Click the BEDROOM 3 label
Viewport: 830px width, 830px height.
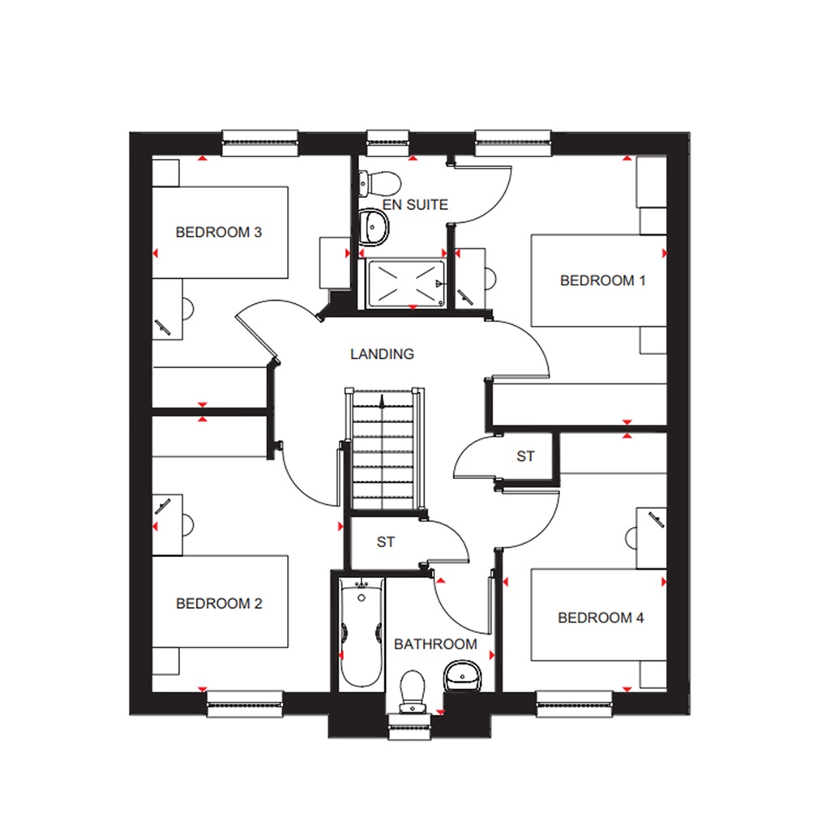[x=219, y=233]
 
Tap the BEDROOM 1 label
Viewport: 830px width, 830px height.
[x=603, y=280]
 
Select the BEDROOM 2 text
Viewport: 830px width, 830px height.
[x=219, y=604]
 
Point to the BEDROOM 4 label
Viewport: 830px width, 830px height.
[x=601, y=618]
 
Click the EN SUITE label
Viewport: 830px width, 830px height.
[x=416, y=205]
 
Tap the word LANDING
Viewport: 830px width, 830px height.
[x=382, y=354]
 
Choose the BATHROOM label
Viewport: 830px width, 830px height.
[x=435, y=644]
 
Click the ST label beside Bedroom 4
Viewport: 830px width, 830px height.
[x=526, y=456]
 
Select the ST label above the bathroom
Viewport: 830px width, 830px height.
[x=386, y=542]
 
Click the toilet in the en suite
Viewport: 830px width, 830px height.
[x=378, y=179]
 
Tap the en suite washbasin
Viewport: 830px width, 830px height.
[x=374, y=226]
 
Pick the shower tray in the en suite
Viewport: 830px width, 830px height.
[x=406, y=284]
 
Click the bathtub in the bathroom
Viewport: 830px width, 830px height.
[x=361, y=632]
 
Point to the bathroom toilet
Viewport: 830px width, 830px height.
[x=413, y=688]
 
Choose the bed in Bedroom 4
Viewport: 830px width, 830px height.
[x=598, y=615]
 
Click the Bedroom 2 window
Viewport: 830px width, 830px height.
[x=245, y=703]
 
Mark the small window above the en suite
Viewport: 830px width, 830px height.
[x=388, y=143]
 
